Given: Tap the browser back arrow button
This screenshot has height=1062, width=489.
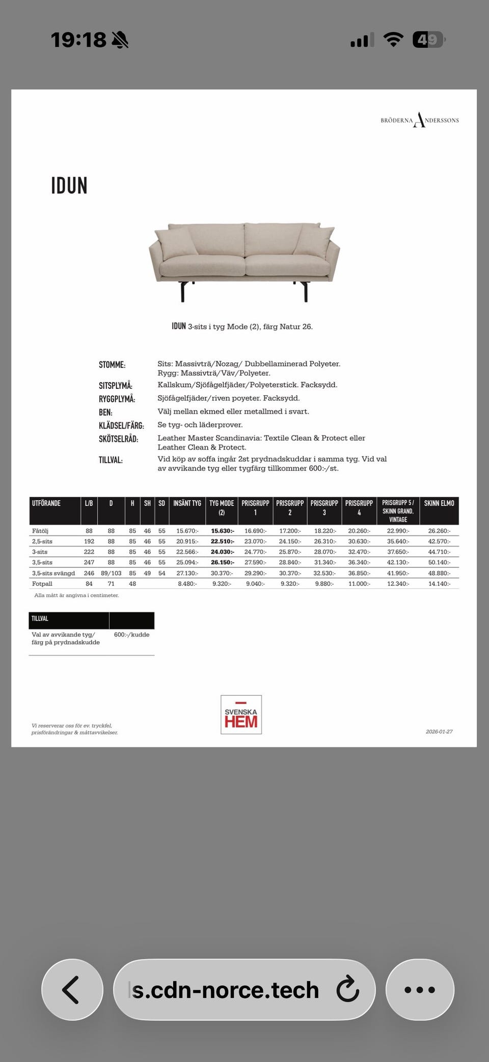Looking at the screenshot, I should (x=72, y=990).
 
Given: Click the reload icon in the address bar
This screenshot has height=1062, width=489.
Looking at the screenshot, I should (x=348, y=990).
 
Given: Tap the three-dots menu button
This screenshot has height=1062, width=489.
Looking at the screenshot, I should (x=420, y=990).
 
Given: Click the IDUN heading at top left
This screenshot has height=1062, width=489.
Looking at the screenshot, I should (x=69, y=186).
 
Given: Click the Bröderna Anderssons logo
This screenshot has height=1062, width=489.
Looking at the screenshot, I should (x=420, y=120).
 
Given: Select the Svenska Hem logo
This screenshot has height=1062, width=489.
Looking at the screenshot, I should (x=241, y=714).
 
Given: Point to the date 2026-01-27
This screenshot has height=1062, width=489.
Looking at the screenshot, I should (x=439, y=732).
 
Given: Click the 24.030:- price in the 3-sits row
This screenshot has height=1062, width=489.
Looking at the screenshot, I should (x=222, y=552).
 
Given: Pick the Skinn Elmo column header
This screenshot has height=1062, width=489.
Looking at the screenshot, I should (x=439, y=503).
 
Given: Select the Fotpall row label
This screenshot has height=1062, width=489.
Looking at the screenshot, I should (x=42, y=584).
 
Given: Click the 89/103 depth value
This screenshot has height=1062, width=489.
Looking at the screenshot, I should (x=111, y=573).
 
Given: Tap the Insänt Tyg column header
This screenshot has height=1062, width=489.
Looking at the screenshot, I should (x=187, y=503).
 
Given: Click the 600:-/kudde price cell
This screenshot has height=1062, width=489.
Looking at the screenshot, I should (x=131, y=635).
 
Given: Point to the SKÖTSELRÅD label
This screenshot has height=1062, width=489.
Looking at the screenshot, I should (x=119, y=439).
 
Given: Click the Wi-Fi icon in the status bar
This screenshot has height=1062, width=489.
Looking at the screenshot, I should (x=393, y=40).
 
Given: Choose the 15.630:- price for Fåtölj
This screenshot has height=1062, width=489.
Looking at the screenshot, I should (x=222, y=531).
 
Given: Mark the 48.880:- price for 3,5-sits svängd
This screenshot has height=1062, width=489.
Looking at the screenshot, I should (x=439, y=573).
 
